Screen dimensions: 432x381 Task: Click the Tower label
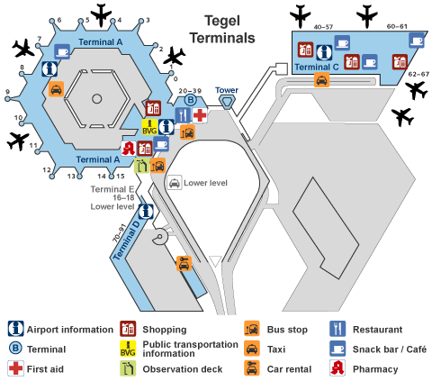[x=227, y=90]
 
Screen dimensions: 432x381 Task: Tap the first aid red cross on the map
[x=200, y=115]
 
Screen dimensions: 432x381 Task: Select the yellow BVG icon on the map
[x=149, y=127]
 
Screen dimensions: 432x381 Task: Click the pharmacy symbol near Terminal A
[x=129, y=149]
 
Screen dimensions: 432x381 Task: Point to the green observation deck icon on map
[x=141, y=166]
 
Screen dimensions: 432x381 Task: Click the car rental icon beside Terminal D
[x=184, y=264]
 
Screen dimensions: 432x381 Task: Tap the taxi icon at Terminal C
[x=322, y=80]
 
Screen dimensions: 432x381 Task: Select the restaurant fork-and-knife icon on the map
[x=183, y=115]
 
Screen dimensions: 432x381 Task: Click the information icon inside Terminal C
[x=325, y=52]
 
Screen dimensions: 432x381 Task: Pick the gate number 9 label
[x=8, y=92]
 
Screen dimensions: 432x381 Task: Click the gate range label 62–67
[x=418, y=74]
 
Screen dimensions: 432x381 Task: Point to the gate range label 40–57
[x=323, y=27]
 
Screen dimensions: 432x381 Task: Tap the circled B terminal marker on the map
[x=191, y=100]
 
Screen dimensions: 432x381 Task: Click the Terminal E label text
[x=112, y=189]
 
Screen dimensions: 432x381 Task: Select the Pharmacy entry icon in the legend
[x=337, y=368]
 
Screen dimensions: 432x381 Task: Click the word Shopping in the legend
[x=165, y=330]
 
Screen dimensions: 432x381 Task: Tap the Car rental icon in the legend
[x=252, y=368]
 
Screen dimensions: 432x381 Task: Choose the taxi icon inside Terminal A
[x=57, y=89]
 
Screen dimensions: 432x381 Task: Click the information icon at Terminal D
[x=146, y=212]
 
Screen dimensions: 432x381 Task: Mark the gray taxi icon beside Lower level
[x=175, y=183]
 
